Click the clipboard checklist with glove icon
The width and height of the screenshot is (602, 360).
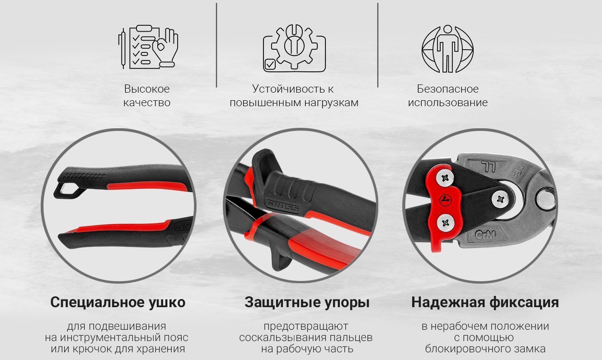(x=148, y=47)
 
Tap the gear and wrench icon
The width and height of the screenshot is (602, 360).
(x=294, y=48)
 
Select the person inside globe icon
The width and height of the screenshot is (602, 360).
(x=447, y=49)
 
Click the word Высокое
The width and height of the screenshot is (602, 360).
(x=147, y=89)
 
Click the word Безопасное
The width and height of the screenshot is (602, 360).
(x=448, y=89)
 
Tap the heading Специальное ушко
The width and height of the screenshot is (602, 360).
(x=118, y=303)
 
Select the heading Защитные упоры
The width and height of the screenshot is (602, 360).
(x=307, y=303)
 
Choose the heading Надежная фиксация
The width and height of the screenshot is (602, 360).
(x=485, y=303)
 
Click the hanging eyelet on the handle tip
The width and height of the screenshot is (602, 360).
(x=68, y=191)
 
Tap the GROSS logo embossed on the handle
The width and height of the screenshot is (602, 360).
(x=282, y=206)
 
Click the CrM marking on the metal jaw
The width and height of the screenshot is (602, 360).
(x=485, y=235)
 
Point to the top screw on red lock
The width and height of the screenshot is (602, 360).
(x=445, y=178)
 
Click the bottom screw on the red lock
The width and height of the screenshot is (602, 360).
(x=445, y=223)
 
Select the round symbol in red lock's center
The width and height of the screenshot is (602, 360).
(x=445, y=200)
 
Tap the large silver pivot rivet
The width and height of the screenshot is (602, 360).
(x=545, y=199)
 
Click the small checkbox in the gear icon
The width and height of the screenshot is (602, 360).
(x=270, y=64)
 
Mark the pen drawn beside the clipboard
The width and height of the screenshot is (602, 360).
(x=123, y=48)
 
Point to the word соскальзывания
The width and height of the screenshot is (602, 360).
(x=283, y=337)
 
